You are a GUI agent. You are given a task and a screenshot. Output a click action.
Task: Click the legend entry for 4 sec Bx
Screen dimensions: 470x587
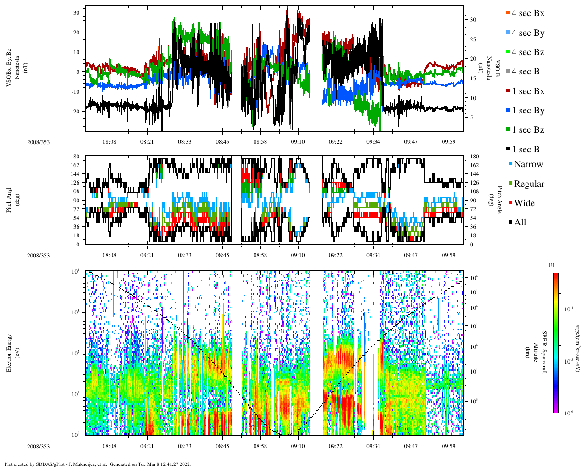527,13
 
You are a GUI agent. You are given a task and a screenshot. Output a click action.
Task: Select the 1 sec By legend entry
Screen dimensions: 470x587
528,111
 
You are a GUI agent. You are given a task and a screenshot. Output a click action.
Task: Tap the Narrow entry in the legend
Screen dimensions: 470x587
528,164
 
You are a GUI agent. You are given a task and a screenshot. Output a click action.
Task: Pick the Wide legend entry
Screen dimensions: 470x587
524,203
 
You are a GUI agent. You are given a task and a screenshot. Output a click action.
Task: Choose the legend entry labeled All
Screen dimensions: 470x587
520,223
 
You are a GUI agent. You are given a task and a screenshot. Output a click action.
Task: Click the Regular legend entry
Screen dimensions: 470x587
528,184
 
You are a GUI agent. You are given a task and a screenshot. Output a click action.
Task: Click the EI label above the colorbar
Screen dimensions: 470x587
551,265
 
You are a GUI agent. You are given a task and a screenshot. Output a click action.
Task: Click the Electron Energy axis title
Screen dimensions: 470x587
9,353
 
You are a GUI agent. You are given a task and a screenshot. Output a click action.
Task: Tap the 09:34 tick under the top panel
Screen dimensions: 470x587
373,142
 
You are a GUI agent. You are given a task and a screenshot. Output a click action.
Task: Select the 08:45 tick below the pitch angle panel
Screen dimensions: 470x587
222,256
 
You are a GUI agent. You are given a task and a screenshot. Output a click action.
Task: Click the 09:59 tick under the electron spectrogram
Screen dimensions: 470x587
449,446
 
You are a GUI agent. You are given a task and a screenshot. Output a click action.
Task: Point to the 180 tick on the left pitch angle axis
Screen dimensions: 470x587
75,157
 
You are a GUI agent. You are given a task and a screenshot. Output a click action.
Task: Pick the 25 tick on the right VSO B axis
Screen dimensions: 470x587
473,39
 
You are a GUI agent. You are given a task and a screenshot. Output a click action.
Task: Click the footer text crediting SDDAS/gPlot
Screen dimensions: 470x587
97,464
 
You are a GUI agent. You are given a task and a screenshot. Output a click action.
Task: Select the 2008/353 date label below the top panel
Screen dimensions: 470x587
38,142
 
